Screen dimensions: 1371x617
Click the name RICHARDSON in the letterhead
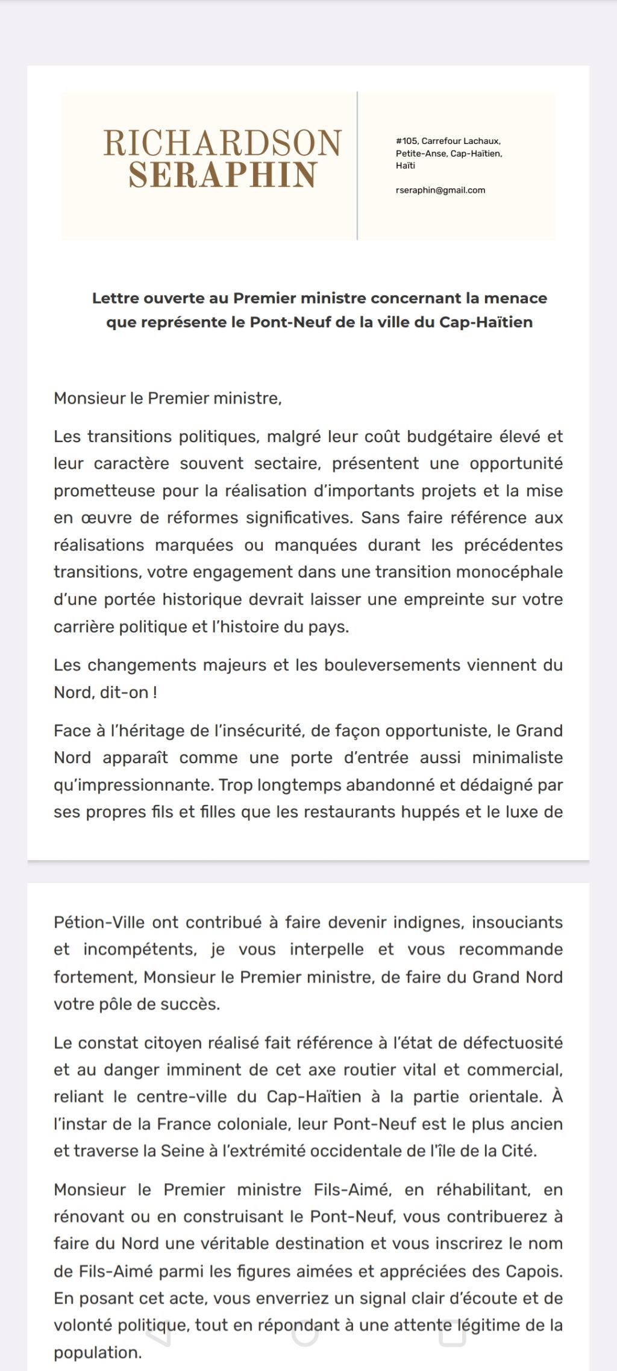[x=222, y=143]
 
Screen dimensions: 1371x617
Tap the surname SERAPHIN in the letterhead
[x=222, y=175]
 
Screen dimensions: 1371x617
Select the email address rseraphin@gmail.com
[x=440, y=190]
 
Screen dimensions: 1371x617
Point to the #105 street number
[x=407, y=141]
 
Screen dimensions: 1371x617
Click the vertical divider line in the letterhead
[x=357, y=166]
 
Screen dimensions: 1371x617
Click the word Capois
[x=536, y=1271]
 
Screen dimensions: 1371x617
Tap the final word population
[x=97, y=1352]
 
